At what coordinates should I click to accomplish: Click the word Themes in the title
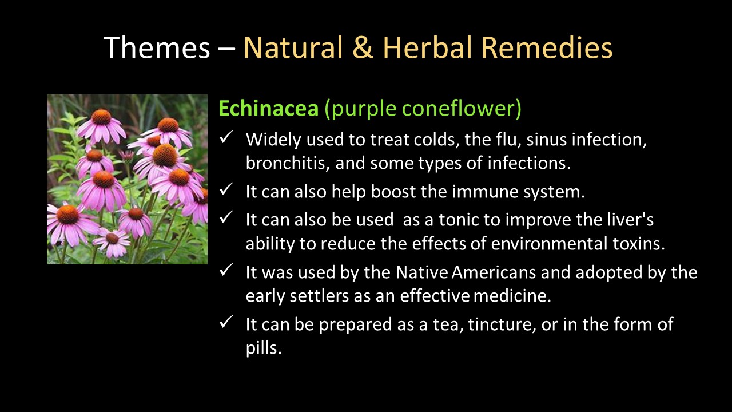pos(157,47)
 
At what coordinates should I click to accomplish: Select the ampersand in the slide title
pos(363,47)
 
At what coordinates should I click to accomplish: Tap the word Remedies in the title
pos(547,47)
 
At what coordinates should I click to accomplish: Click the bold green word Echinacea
pos(268,108)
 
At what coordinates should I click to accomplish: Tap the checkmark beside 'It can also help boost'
pos(226,189)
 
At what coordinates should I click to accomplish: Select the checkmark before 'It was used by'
pos(226,270)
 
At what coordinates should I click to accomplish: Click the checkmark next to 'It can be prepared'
pos(226,322)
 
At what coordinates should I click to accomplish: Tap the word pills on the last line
pos(264,348)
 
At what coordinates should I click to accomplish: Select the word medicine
pos(512,296)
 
